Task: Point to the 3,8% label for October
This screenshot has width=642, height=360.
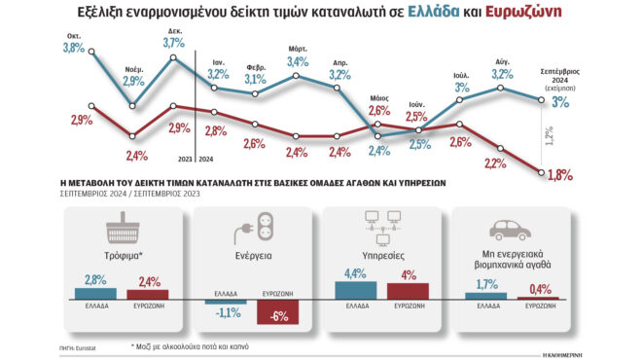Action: tap(74, 47)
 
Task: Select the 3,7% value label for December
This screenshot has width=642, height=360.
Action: tap(174, 42)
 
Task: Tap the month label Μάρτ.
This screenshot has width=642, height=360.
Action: tap(299, 48)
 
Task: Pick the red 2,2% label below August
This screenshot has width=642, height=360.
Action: tap(496, 162)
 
